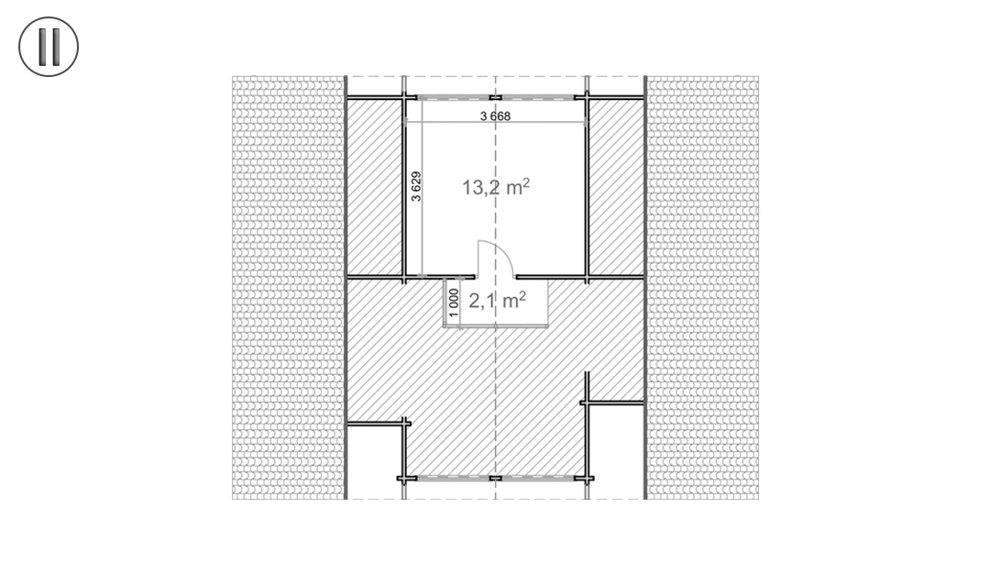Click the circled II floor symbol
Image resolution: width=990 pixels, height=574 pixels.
(x=49, y=47)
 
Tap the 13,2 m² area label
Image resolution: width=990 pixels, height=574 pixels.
(x=496, y=188)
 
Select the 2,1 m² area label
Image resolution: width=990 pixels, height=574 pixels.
(x=496, y=301)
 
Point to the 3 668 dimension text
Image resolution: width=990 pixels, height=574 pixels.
(x=495, y=116)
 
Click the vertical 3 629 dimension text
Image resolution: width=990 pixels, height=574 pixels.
(x=416, y=186)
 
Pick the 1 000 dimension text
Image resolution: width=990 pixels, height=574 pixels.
(x=453, y=302)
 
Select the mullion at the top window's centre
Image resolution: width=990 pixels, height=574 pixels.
(x=495, y=96)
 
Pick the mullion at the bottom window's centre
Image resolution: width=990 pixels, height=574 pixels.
(x=495, y=478)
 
